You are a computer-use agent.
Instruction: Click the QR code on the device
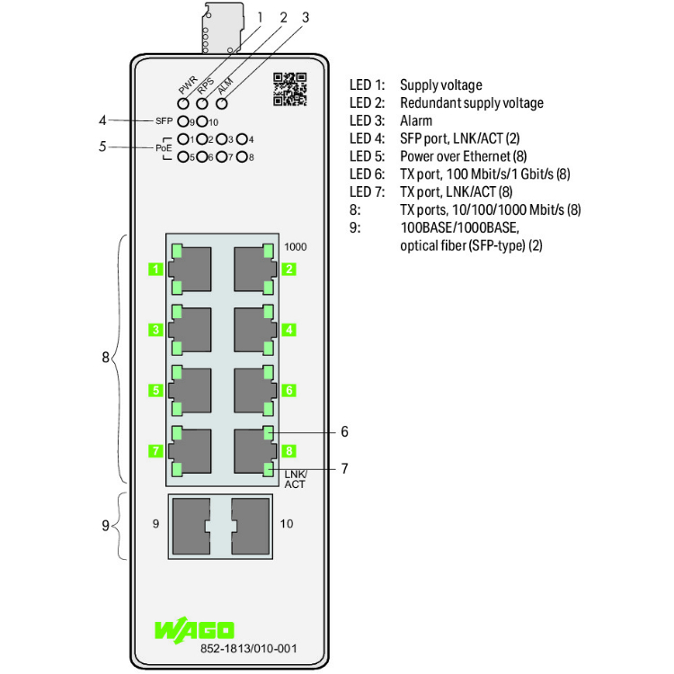(289, 89)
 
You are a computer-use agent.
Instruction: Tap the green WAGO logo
(194, 628)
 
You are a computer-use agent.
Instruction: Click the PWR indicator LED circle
(183, 103)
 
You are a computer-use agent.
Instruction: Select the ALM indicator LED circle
(222, 103)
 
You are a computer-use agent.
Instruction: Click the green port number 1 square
(156, 269)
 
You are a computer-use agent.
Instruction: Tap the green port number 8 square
(288, 450)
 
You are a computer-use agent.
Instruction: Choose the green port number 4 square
(288, 330)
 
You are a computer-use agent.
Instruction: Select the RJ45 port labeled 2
(252, 268)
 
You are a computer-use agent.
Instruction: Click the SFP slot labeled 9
(188, 522)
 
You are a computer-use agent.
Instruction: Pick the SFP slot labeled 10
(251, 522)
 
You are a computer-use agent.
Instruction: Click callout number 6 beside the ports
(344, 431)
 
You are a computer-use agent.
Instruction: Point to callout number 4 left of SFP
(103, 120)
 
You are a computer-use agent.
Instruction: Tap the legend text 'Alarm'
(416, 120)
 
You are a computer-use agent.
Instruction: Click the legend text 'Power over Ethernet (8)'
(463, 155)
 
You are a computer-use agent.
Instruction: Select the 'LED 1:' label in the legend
(367, 85)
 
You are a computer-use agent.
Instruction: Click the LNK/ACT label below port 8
(295, 479)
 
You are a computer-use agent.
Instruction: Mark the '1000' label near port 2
(295, 246)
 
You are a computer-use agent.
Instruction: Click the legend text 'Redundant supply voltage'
(472, 102)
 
